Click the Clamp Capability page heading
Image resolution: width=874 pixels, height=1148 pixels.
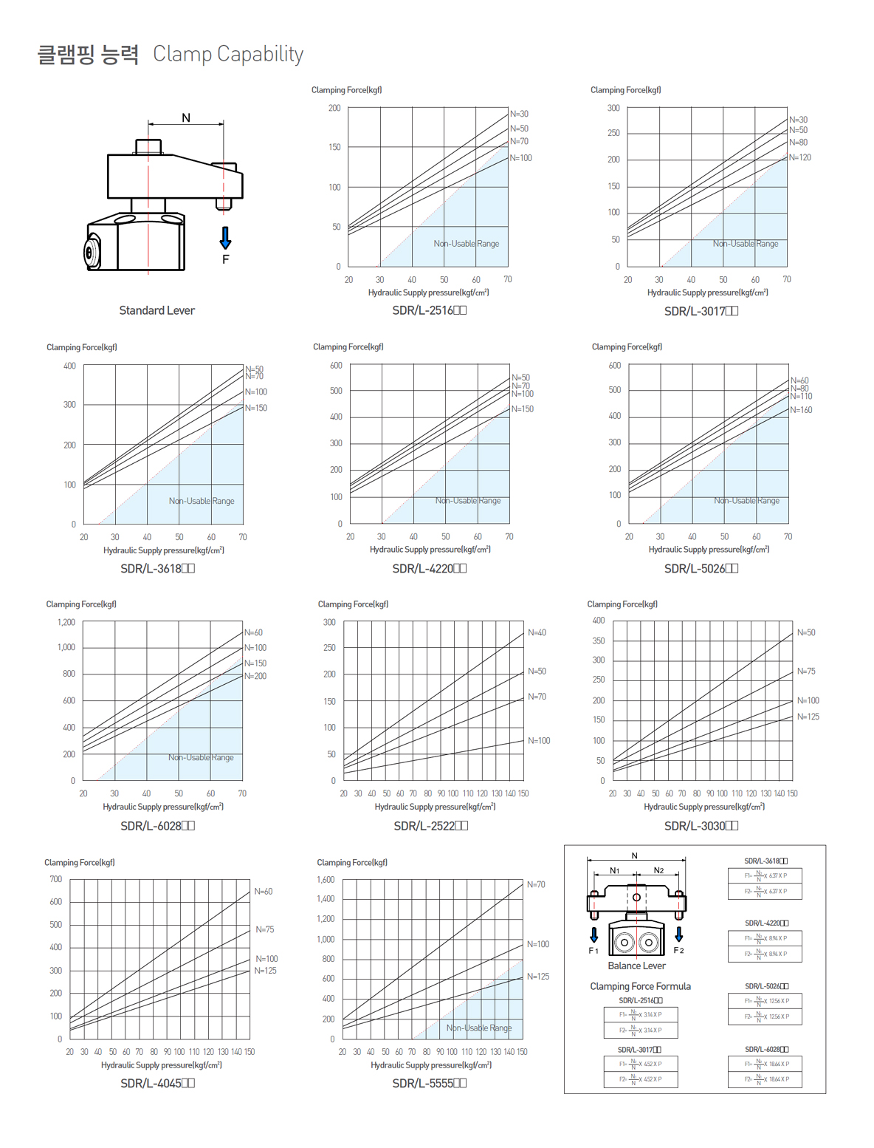(228, 54)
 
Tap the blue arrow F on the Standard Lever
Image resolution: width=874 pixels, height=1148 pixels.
(225, 238)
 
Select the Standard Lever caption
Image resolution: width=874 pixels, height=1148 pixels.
(156, 310)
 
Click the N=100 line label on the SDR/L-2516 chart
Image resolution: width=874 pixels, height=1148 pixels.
(521, 158)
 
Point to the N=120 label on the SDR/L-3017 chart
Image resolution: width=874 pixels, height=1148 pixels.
(800, 157)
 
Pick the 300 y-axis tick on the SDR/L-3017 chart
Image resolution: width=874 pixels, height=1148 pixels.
(613, 108)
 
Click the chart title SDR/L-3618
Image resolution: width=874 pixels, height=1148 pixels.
(157, 568)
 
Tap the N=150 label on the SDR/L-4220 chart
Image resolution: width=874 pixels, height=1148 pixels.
(523, 409)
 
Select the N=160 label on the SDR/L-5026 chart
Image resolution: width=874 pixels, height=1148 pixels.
(802, 410)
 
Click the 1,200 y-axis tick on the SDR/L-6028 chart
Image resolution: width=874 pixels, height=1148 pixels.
(66, 622)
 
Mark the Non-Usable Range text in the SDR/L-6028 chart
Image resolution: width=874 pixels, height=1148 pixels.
(201, 757)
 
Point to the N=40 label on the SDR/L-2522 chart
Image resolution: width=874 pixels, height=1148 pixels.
(537, 632)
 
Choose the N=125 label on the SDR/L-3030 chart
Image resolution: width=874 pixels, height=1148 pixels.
(808, 717)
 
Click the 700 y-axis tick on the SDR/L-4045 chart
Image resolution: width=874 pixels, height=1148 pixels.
(56, 879)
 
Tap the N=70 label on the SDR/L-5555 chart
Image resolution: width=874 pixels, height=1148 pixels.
(537, 884)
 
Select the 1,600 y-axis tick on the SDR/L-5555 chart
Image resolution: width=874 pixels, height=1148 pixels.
(326, 880)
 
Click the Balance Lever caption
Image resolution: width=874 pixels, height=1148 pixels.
(636, 966)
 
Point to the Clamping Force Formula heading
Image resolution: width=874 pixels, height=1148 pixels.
(640, 986)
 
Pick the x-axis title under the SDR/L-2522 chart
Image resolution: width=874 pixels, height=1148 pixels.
(435, 807)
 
